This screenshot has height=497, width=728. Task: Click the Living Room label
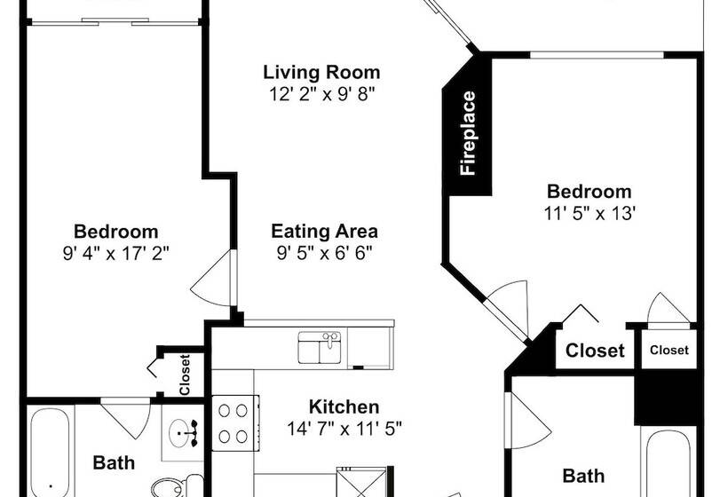321,73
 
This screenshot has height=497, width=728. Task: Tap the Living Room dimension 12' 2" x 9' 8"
321,94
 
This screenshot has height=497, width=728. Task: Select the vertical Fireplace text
468,133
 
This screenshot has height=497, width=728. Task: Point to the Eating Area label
324,231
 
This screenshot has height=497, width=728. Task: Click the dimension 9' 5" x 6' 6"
324,253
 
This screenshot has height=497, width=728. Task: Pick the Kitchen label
344,407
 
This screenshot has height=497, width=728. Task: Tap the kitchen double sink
320,347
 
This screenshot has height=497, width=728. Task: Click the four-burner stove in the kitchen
235,422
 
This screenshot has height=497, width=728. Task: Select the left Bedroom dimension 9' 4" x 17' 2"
115,253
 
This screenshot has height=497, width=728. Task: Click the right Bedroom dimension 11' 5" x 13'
590,214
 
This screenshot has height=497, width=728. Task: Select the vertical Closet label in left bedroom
185,375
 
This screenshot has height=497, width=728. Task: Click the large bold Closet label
595,351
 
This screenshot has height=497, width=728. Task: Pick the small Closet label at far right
669,350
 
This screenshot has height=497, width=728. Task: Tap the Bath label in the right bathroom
583,476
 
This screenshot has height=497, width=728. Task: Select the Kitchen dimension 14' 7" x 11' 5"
344,429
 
